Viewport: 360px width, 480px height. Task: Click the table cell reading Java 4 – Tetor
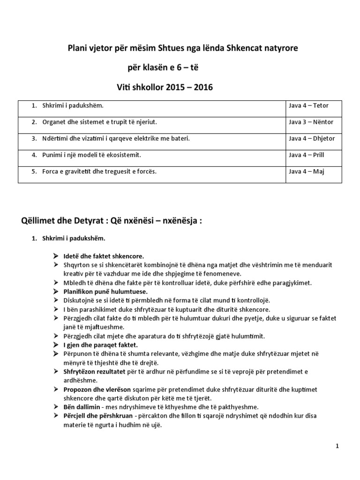(x=310, y=105)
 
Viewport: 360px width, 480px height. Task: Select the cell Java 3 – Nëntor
(x=311, y=122)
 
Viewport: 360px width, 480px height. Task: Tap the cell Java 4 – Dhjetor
(x=312, y=138)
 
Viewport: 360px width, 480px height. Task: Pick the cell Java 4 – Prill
(x=307, y=155)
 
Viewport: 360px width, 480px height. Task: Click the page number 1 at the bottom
(x=337, y=446)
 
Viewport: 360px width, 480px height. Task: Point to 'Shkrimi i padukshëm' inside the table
(x=73, y=105)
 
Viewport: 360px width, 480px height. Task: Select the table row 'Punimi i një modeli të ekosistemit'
(x=92, y=155)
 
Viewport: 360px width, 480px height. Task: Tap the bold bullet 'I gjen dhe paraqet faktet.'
(x=97, y=345)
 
